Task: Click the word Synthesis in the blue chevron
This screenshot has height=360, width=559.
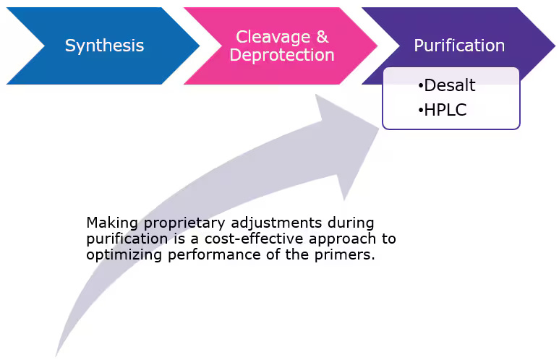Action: [104, 46]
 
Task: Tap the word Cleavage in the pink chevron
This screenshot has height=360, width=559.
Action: [273, 37]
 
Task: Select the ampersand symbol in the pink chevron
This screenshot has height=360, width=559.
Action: [323, 37]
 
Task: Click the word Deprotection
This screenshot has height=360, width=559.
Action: [282, 55]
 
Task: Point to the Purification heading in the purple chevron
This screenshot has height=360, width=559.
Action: [459, 46]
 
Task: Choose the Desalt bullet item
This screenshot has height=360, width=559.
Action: [447, 85]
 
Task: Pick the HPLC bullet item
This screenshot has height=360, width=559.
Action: [443, 110]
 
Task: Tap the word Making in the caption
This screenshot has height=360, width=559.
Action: [112, 223]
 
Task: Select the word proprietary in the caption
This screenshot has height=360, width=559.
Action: [184, 223]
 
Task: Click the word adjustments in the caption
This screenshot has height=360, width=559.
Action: [276, 223]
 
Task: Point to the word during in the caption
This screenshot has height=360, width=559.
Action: [351, 223]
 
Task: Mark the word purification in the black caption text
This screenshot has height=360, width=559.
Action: [127, 239]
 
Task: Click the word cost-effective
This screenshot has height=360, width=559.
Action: [254, 239]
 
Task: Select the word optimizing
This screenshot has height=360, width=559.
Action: [124, 255]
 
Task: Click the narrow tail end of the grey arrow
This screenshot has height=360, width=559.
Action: [56, 356]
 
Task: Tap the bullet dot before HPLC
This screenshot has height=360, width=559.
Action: [421, 111]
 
